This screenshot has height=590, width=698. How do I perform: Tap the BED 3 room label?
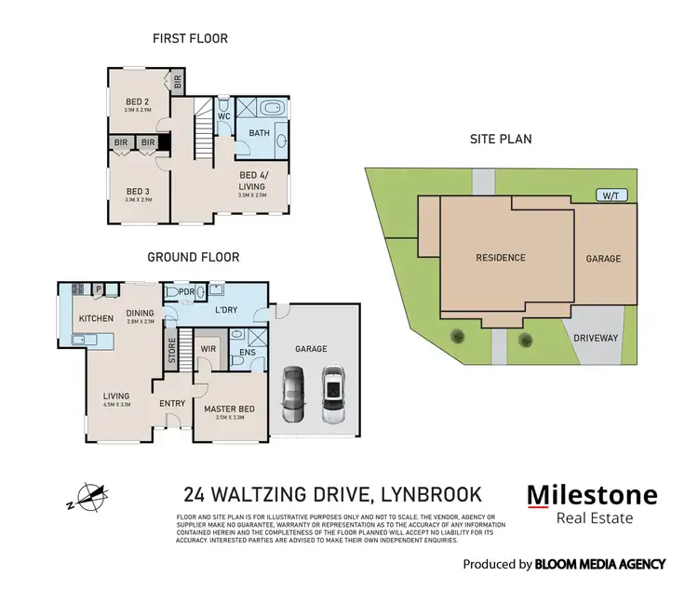[x=140, y=193]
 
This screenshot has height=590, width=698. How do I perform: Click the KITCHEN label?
[x=96, y=319]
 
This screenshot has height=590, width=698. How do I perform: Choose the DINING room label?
[x=140, y=314]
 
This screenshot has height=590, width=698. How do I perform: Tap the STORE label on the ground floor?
[x=172, y=349]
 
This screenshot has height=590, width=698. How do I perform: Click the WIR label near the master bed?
[x=208, y=350]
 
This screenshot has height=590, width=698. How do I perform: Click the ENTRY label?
[x=172, y=403]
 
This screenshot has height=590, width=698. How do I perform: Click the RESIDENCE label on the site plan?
[x=500, y=258]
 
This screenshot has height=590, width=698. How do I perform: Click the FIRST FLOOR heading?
[x=190, y=39]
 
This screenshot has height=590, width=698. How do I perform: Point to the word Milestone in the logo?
[x=592, y=495]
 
